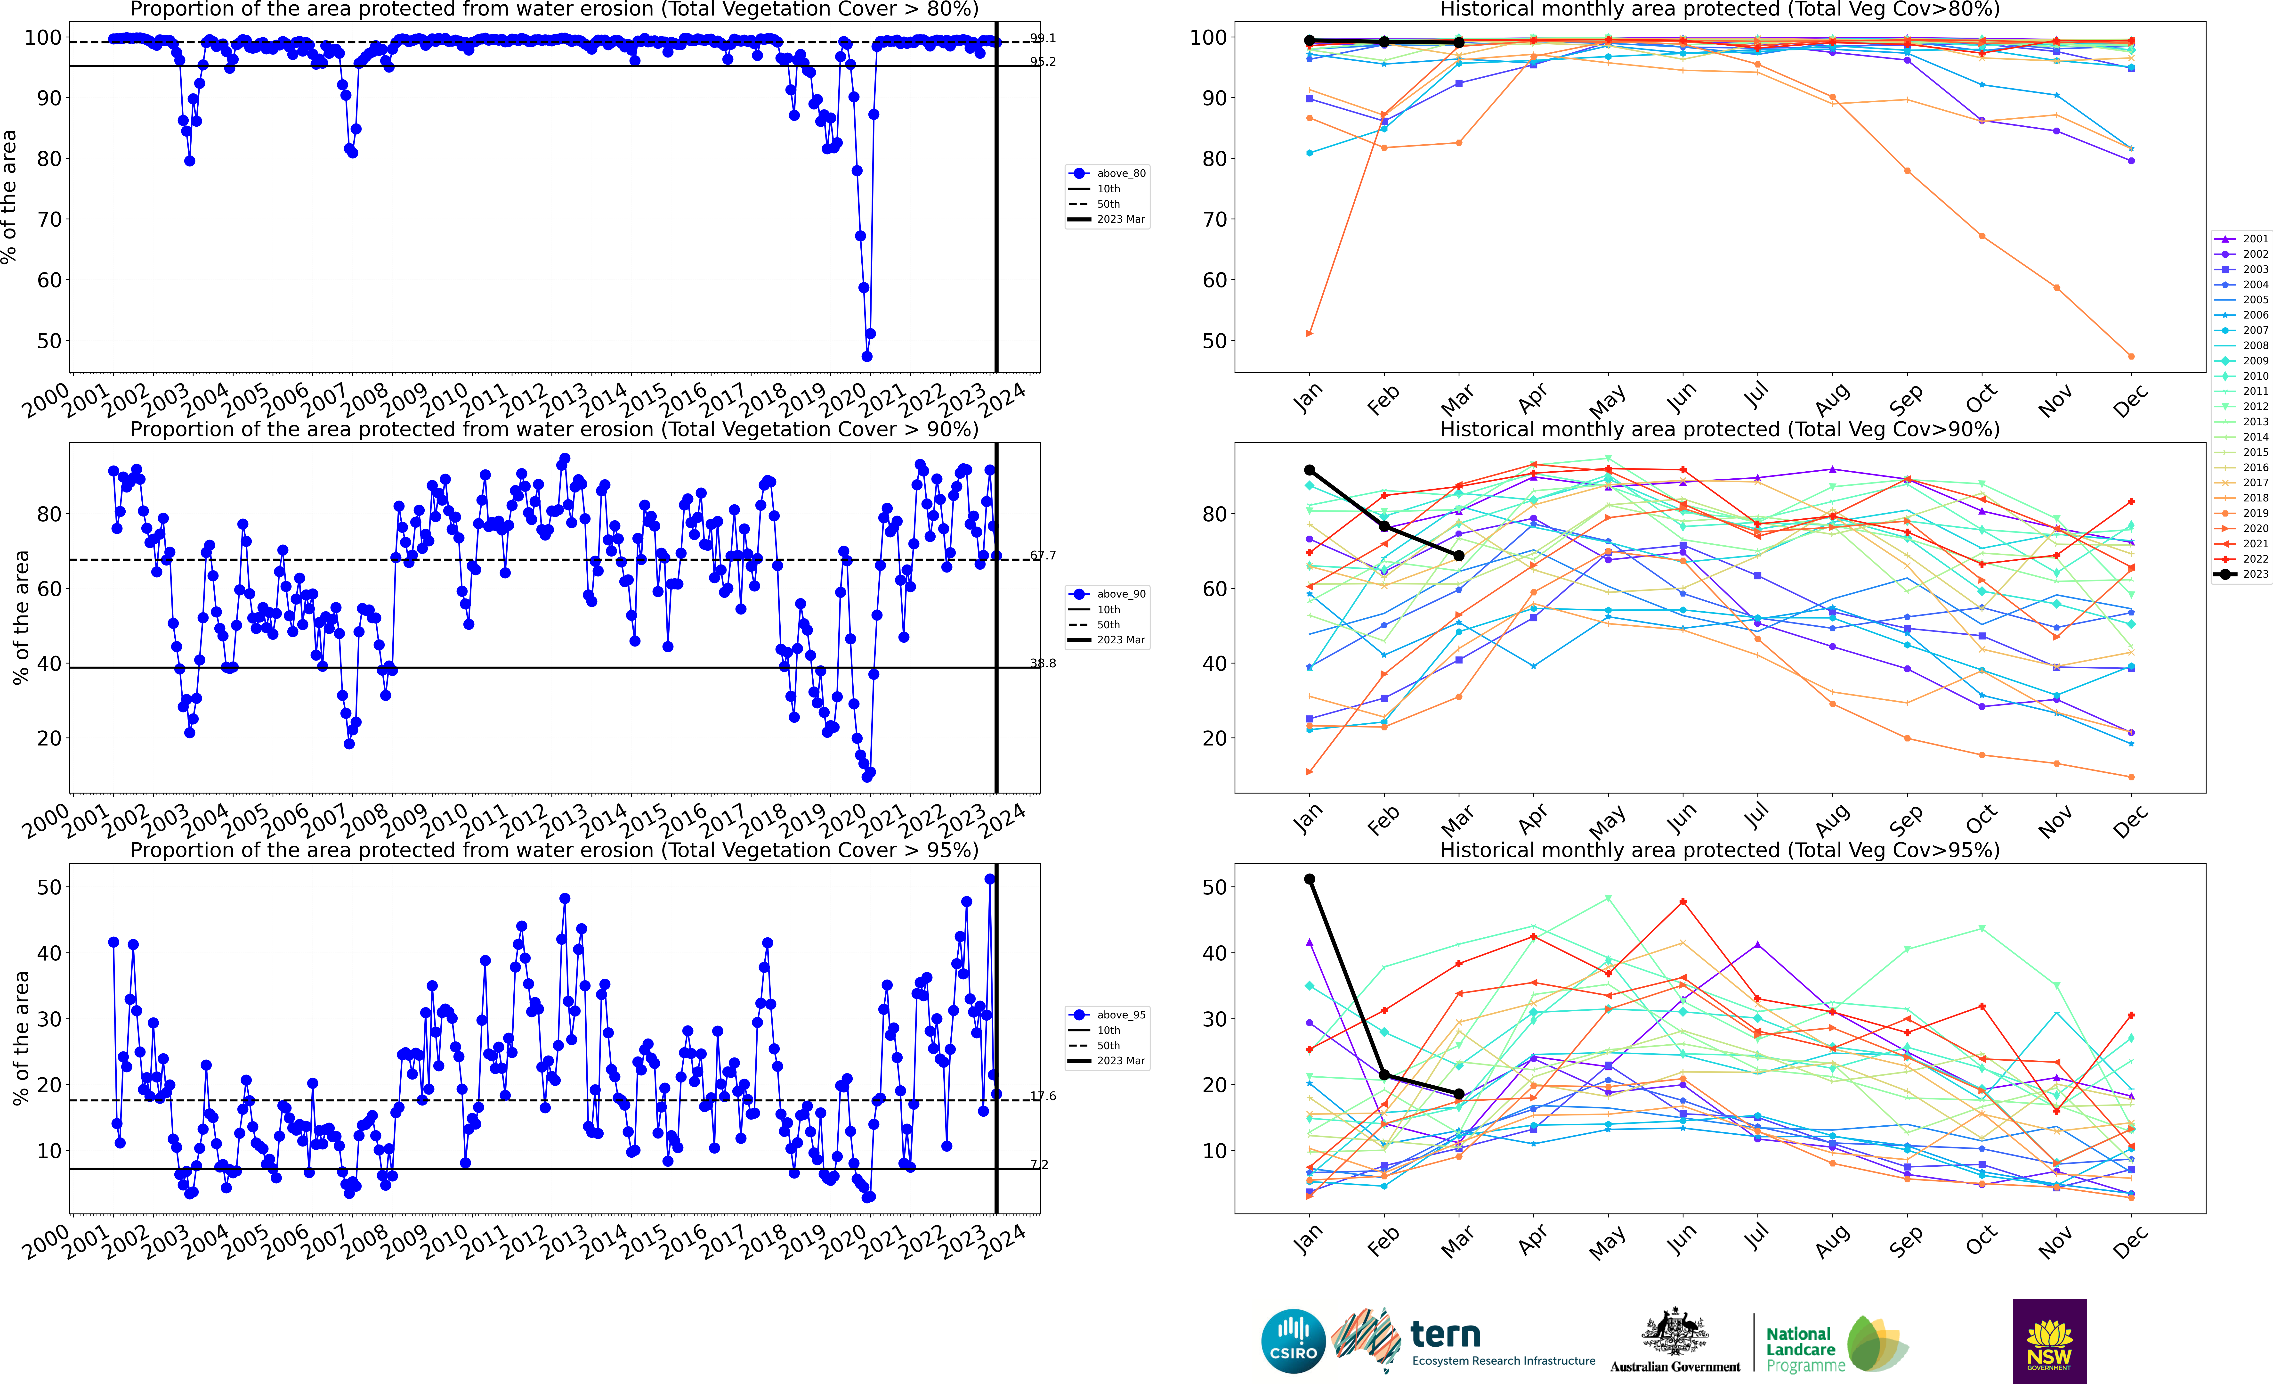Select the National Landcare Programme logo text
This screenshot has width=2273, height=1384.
(x=1804, y=1349)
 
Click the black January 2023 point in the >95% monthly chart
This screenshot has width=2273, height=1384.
(x=1309, y=879)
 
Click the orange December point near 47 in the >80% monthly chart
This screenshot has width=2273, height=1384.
(x=2131, y=356)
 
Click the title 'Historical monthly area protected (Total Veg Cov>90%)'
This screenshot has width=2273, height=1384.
(x=1720, y=429)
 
